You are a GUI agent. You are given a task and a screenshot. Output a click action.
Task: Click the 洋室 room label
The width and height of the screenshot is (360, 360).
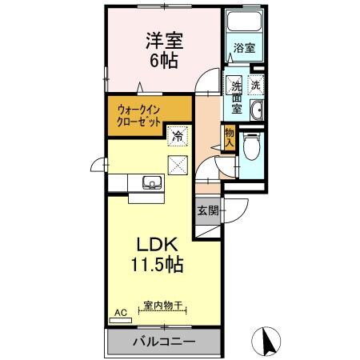161,39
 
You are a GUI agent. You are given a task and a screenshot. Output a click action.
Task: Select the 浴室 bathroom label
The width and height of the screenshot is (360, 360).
244,49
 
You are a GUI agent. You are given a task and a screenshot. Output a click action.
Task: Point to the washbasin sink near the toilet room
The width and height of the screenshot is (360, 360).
257,110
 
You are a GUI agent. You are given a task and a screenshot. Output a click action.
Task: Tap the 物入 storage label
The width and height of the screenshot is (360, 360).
229,137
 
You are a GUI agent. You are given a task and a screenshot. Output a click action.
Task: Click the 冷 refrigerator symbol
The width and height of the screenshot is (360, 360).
178,137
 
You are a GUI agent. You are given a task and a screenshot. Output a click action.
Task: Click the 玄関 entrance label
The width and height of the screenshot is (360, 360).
208,211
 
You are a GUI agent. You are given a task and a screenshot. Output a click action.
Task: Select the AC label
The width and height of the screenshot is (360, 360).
121,312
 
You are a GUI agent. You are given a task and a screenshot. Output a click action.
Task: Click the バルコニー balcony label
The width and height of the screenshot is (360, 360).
163,342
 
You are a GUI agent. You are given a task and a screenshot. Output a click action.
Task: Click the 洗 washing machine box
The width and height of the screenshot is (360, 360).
255,85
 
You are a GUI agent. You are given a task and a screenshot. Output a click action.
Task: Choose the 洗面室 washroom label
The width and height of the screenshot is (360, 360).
237,96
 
